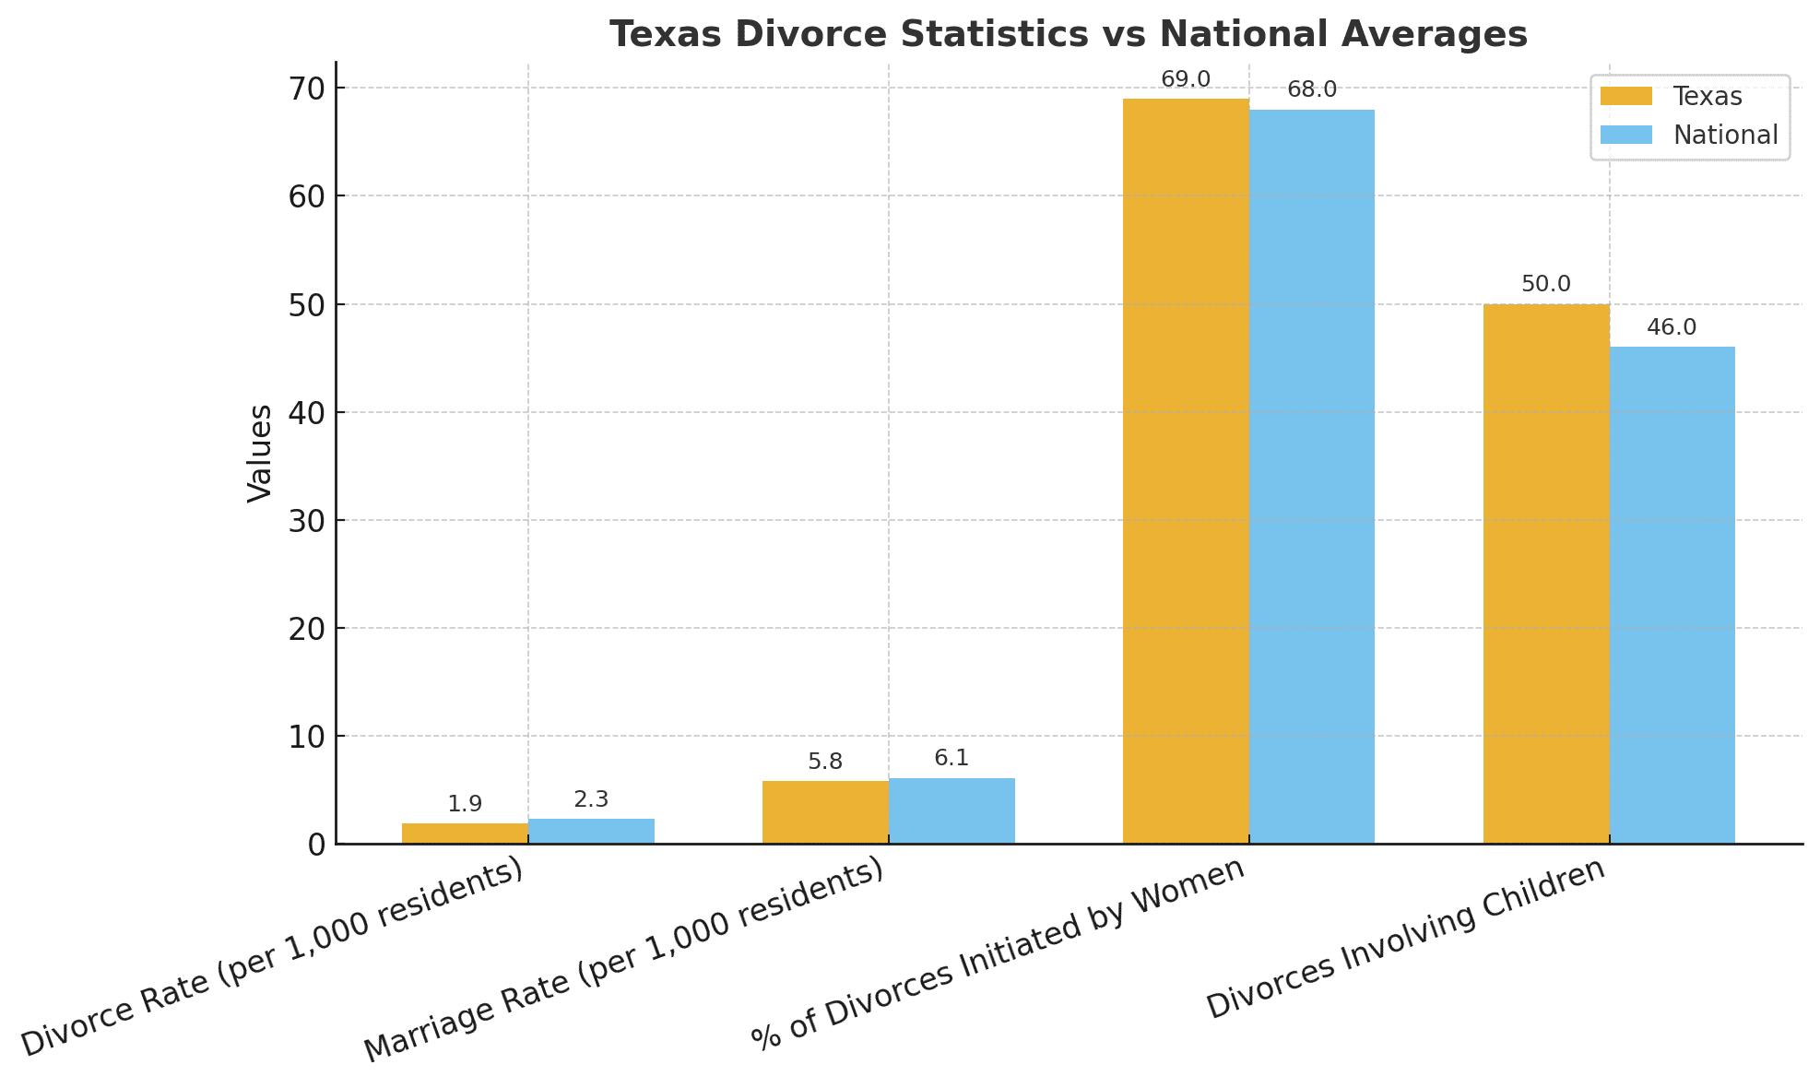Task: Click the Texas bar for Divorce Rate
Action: (x=465, y=834)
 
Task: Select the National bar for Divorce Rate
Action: (x=591, y=832)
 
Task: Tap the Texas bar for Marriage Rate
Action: (x=825, y=812)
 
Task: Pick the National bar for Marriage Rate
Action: (x=951, y=811)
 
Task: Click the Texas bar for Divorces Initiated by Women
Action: (x=1186, y=470)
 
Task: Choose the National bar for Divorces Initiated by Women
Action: (x=1311, y=476)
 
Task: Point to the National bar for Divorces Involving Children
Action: (x=1672, y=595)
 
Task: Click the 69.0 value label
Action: (x=1186, y=80)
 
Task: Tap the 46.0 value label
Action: (x=1672, y=328)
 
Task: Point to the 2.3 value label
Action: (x=591, y=800)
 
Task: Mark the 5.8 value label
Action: (x=825, y=763)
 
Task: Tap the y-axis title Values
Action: (x=260, y=453)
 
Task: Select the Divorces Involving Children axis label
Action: (x=1406, y=939)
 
